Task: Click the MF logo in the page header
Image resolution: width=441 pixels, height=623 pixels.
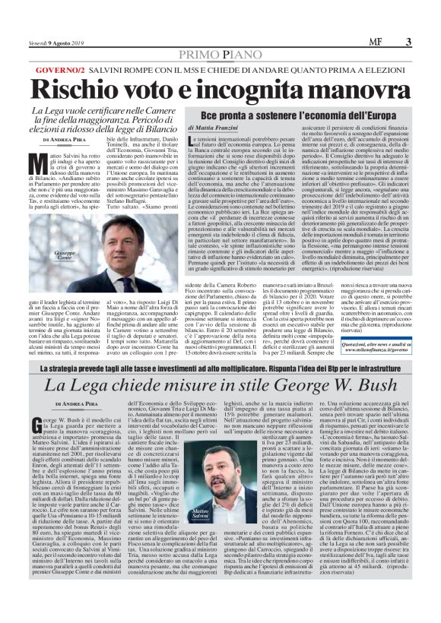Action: (x=392, y=42)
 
